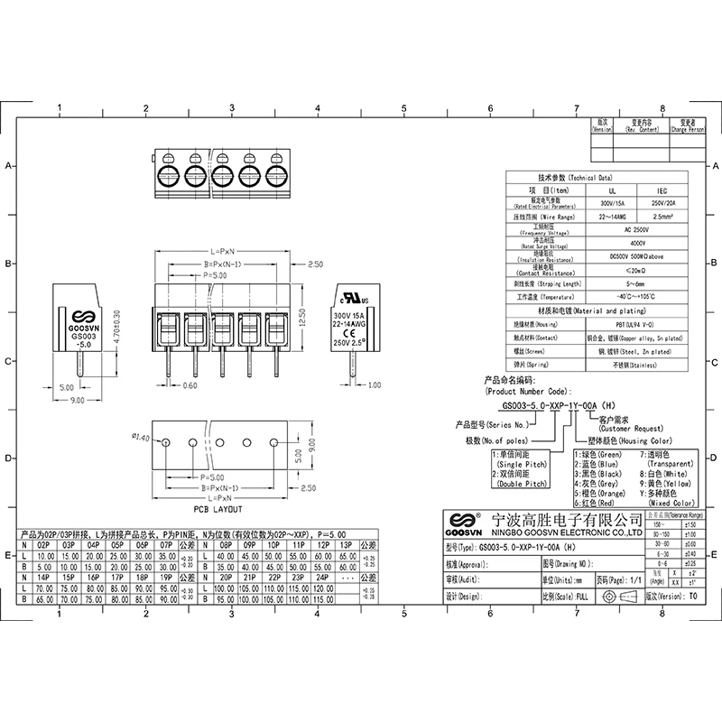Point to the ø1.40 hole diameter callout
(141, 438)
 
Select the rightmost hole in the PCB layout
(275, 442)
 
